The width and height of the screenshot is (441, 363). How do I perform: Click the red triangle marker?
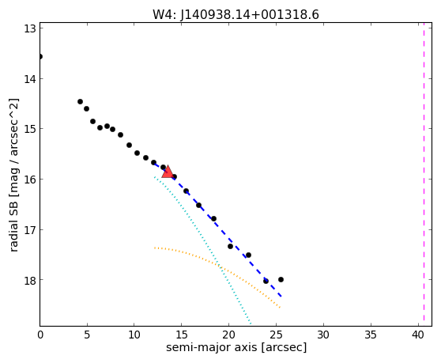168,172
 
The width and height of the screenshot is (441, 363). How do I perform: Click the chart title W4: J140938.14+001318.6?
236,15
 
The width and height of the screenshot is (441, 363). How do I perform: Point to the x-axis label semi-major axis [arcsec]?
236,347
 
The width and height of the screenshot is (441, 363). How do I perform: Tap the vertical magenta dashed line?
424,175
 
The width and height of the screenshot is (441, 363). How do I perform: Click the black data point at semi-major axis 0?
40,57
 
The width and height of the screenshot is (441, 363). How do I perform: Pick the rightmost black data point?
281,279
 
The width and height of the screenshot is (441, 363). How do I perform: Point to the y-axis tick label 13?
30,28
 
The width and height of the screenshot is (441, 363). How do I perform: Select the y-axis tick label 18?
30,280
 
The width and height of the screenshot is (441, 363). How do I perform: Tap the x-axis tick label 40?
418,335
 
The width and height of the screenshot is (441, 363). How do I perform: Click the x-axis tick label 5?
87,335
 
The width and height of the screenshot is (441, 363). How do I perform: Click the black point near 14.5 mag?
80,101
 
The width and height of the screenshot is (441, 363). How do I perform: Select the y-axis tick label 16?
30,180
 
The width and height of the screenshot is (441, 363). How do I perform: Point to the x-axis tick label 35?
371,335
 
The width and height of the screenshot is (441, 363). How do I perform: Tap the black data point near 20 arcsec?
230,246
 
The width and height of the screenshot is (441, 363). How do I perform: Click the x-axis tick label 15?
182,335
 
